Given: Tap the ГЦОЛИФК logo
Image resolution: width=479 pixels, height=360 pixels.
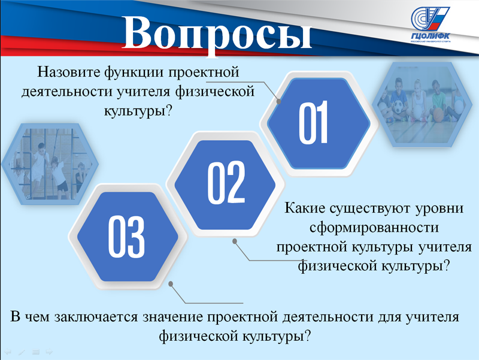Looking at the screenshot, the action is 430,25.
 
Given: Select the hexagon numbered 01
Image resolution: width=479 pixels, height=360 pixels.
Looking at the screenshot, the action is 319,123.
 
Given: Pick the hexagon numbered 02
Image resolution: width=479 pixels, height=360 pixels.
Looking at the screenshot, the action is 225,185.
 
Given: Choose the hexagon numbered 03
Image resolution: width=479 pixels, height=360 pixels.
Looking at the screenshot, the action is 128,237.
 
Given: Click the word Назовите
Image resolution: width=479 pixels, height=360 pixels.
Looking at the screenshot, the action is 69,72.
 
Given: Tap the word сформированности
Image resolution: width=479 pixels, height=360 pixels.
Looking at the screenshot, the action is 374,228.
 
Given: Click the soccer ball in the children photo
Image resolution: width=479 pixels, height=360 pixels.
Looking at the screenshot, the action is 398,107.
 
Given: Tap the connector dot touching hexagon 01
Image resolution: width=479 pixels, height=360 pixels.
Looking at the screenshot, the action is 278,101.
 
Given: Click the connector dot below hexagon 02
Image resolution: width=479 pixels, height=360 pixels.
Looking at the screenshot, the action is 235,241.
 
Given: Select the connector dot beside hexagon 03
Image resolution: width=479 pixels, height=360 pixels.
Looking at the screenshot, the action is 171,284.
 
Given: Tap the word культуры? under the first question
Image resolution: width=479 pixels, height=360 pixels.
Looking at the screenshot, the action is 138,111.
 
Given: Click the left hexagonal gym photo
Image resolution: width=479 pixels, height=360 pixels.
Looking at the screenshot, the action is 50,164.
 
